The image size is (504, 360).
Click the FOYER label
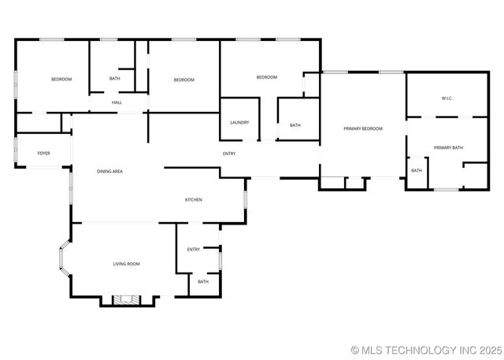pyautogui.click(x=44, y=153)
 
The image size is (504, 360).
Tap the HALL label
pyautogui.click(x=117, y=102)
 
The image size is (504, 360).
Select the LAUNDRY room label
pyautogui.click(x=239, y=122)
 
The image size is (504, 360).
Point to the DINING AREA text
pyautogui.click(x=109, y=171)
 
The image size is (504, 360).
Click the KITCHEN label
pyautogui.click(x=194, y=199)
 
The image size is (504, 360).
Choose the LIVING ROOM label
pyautogui.click(x=126, y=264)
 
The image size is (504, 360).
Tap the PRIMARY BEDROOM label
pyautogui.click(x=362, y=128)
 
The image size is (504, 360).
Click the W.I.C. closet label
pyautogui.click(x=447, y=98)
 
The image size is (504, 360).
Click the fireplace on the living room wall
pyautogui.click(x=124, y=299)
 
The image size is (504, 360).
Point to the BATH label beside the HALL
pyautogui.click(x=115, y=79)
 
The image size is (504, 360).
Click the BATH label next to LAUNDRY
pyautogui.click(x=295, y=125)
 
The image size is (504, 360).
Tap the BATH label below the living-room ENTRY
pyautogui.click(x=203, y=281)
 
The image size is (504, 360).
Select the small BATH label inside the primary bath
pyautogui.click(x=416, y=170)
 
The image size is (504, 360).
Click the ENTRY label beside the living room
pyautogui.click(x=193, y=249)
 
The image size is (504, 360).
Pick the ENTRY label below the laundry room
pyautogui.click(x=229, y=154)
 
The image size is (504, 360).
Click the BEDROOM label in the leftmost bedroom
pyautogui.click(x=61, y=80)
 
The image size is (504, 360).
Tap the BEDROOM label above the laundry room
pyautogui.click(x=266, y=77)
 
